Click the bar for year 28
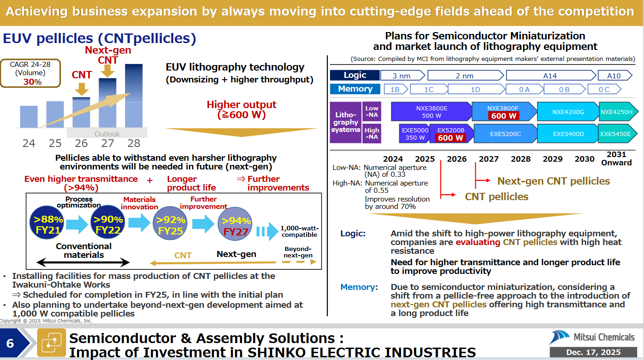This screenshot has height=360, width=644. tap(134, 96)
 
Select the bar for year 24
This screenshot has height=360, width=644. tap(29, 117)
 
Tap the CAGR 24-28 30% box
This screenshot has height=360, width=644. tap(30, 73)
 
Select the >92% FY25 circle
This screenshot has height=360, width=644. tap(170, 223)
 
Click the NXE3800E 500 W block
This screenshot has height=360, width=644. tap(431, 111)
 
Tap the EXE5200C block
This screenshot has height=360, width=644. tap(506, 134)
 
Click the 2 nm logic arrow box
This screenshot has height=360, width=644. tap(466, 76)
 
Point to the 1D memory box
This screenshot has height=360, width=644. tap(476, 89)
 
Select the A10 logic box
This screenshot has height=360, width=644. tap(615, 76)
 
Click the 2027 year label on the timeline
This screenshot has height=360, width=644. tap(489, 159)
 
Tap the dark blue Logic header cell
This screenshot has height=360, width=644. tap(355, 75)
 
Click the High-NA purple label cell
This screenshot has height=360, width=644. tap(372, 133)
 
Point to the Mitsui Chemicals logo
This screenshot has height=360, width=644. tap(592, 337)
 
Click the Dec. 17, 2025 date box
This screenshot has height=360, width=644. tap(593, 352)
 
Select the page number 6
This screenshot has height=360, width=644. tap(10, 344)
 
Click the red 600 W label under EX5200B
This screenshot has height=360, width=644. tap(450, 138)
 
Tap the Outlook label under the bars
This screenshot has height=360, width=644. tap(107, 134)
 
